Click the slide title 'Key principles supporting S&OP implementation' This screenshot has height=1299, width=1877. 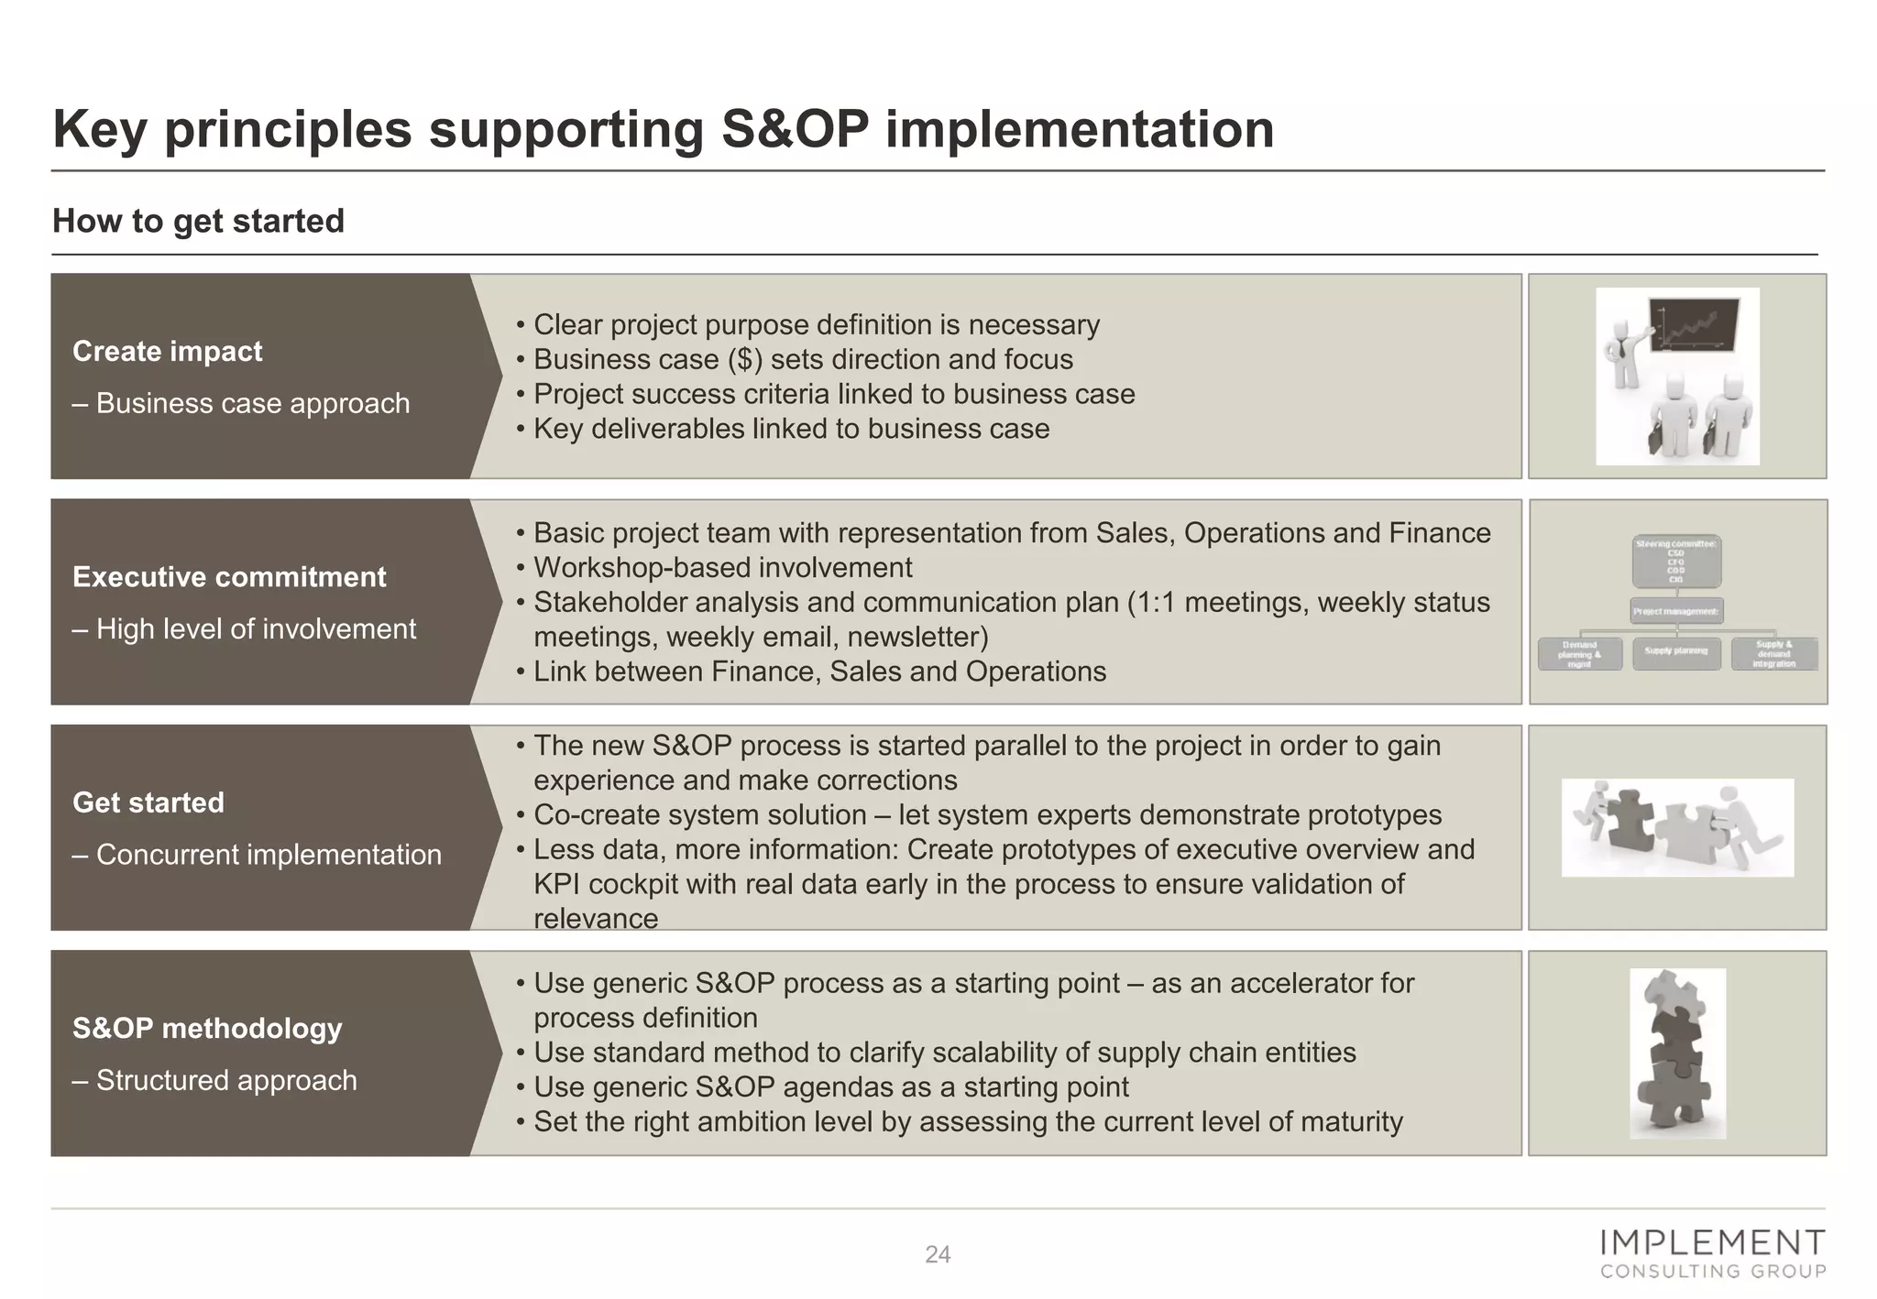[663, 129]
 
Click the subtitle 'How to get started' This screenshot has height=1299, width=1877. [198, 221]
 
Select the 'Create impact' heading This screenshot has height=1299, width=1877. [167, 351]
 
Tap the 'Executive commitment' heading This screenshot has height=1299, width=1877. [229, 576]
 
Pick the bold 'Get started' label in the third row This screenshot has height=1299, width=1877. [148, 802]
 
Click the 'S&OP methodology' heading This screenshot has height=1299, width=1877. [206, 1028]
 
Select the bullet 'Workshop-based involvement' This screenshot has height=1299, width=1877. [722, 567]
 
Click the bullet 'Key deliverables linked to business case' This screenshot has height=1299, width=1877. [791, 429]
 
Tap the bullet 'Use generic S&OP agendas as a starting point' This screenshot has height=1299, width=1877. [830, 1086]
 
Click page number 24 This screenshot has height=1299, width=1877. [937, 1254]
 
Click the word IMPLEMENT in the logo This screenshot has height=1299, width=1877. [1711, 1242]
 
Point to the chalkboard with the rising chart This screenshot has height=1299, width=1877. [1693, 325]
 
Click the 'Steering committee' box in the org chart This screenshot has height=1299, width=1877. [1676, 561]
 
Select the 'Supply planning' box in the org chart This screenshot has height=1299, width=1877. [1676, 652]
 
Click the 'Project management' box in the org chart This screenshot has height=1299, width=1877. [1676, 611]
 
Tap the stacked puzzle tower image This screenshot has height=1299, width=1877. [1677, 1053]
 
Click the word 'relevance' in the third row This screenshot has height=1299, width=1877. [596, 919]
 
